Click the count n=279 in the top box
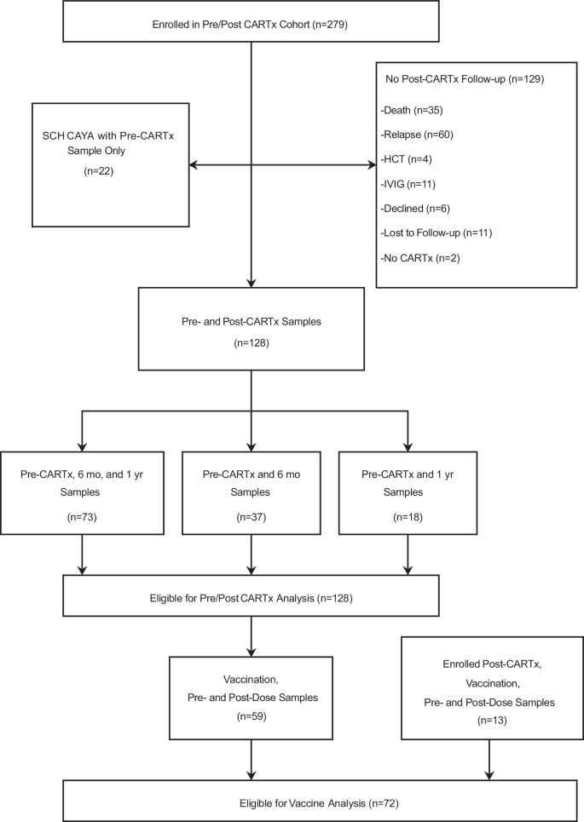[330, 25]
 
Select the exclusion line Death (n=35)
[412, 111]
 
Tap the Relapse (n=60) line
[417, 135]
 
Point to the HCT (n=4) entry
[406, 159]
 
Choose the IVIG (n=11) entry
[408, 184]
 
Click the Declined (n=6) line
[415, 209]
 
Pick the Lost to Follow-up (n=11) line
[436, 233]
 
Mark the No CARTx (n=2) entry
[419, 258]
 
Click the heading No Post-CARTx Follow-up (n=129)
[465, 79]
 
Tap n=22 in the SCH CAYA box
[99, 171]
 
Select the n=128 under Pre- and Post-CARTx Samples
[252, 343]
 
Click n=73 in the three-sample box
[82, 517]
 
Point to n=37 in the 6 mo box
[252, 517]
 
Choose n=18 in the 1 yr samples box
[408, 517]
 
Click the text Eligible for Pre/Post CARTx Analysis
[232, 598]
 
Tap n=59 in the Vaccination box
[252, 716]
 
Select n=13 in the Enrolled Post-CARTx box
[492, 721]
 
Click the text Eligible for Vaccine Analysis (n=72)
[319, 803]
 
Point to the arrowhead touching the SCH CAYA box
[194, 165]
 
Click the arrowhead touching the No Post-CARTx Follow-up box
[372, 165]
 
